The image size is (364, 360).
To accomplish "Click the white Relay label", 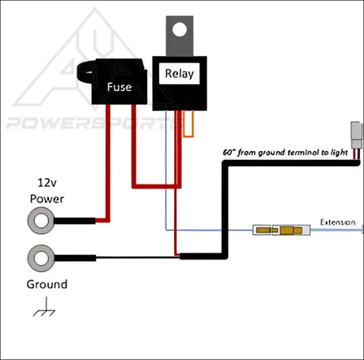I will click(x=179, y=74).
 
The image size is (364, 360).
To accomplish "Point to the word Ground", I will click(x=47, y=284).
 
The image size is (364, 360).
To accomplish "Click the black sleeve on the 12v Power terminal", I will click(x=78, y=219).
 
